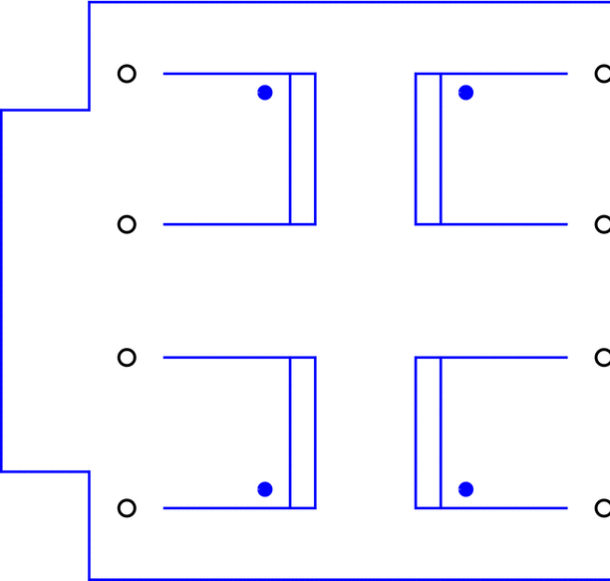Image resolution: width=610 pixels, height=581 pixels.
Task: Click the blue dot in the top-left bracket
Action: coord(264,93)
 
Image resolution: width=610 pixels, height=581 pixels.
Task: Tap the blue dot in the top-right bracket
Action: coord(465,93)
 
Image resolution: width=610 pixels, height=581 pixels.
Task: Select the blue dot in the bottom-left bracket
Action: coord(264,488)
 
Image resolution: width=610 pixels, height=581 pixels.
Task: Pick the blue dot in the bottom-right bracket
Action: coord(465,488)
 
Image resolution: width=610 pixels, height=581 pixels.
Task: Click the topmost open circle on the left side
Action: coord(127,74)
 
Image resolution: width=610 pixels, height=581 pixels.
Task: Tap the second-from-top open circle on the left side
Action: coord(127,224)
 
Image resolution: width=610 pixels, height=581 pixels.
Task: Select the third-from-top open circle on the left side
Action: coord(127,357)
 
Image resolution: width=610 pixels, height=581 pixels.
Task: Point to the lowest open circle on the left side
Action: coord(127,508)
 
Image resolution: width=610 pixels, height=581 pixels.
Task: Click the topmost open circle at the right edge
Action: coord(602,74)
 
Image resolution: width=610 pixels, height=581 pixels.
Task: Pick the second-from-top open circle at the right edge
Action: coord(602,224)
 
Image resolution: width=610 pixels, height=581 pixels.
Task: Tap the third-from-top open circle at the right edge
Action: coord(602,357)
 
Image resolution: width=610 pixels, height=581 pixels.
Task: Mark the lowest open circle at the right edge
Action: coord(602,508)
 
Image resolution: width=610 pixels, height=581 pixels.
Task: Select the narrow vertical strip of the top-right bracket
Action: coord(428,148)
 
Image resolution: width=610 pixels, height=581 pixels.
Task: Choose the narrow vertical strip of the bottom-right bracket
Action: coord(428,433)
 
